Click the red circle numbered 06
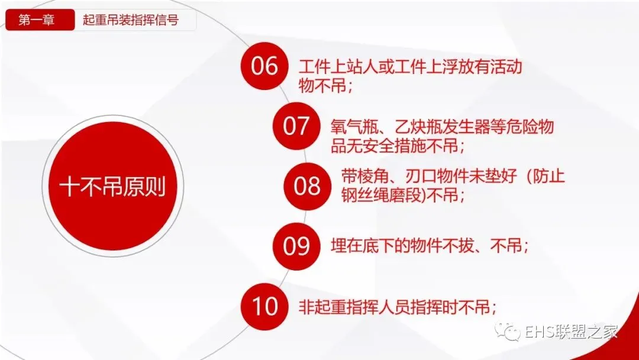[x=264, y=66]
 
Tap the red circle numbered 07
[x=296, y=126]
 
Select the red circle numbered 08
[x=307, y=187]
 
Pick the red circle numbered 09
[x=296, y=246]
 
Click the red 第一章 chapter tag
[x=40, y=20]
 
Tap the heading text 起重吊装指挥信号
[x=130, y=20]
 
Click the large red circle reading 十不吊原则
[x=112, y=187]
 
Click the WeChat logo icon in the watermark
[x=507, y=331]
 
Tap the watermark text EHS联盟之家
[x=571, y=332]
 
